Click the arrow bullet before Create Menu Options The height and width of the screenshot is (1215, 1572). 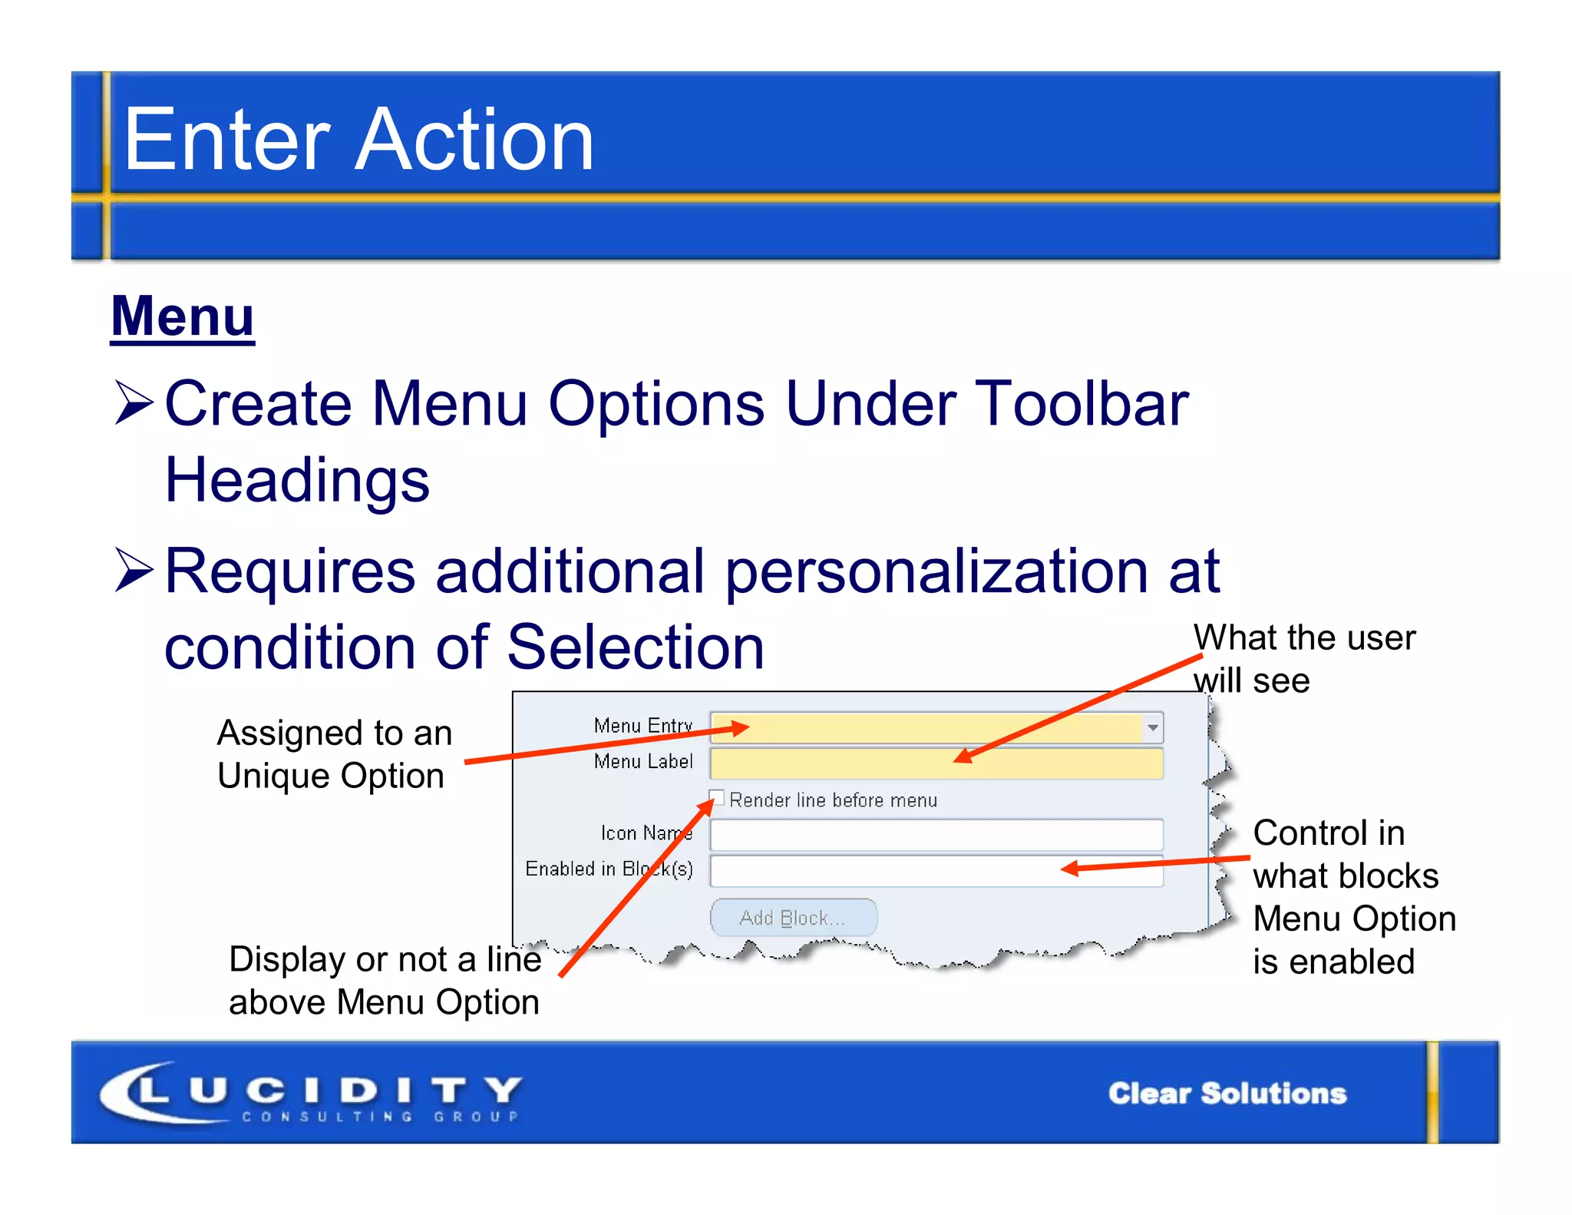click(x=134, y=402)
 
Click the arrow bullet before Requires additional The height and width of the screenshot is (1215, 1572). click(x=134, y=570)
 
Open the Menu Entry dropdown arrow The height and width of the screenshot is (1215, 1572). click(x=1152, y=727)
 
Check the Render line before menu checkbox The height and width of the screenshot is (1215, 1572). click(x=717, y=797)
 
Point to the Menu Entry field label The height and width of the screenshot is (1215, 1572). click(x=642, y=726)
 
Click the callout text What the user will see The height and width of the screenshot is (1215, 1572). click(x=1303, y=658)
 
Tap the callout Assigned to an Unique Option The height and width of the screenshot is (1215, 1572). click(x=334, y=754)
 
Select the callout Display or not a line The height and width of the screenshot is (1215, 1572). click(x=385, y=981)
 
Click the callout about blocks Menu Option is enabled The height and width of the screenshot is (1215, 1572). click(x=1353, y=896)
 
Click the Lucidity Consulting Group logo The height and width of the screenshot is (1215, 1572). click(x=311, y=1093)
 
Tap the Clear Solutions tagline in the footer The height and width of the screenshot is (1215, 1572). click(x=1227, y=1093)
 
